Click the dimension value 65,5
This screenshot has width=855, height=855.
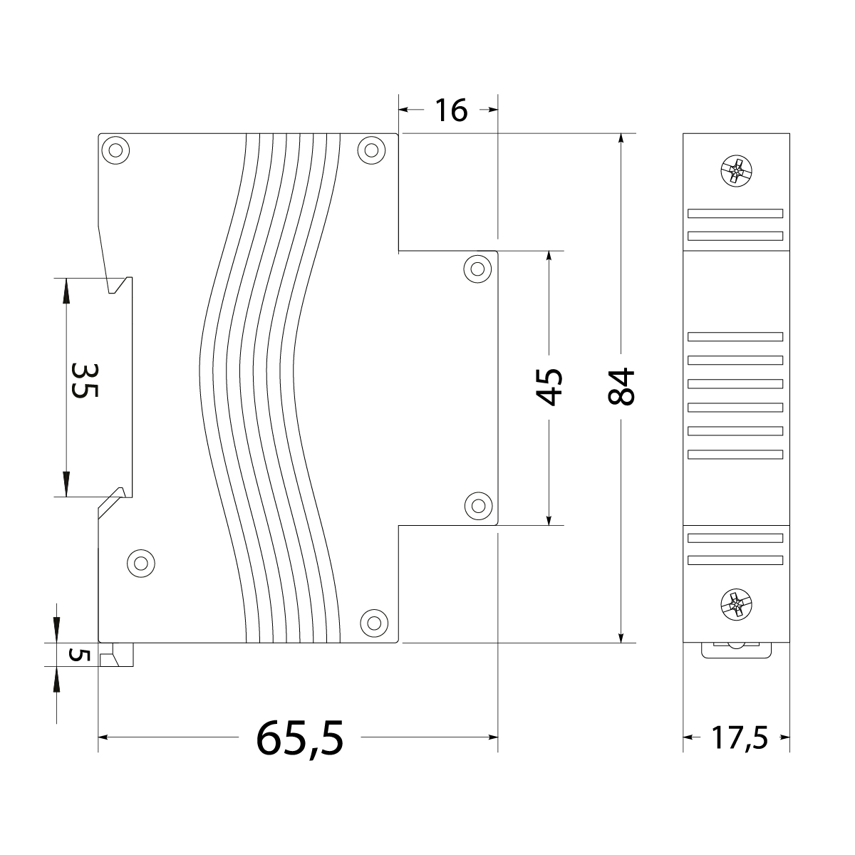(x=300, y=737)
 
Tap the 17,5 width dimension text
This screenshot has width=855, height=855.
(x=738, y=738)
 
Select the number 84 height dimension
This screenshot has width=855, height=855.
(x=621, y=387)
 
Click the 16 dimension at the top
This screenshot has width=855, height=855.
(x=450, y=110)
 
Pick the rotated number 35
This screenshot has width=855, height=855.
(x=85, y=380)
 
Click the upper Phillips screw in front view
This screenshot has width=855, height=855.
(x=736, y=172)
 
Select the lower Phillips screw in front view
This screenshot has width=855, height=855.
(x=736, y=606)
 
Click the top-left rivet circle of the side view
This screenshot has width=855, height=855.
(x=115, y=150)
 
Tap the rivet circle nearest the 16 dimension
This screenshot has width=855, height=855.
(x=371, y=150)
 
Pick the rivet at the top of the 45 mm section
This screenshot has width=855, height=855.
(x=477, y=269)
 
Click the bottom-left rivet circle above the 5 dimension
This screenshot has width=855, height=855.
(x=140, y=563)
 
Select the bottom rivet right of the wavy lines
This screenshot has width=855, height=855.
(x=372, y=622)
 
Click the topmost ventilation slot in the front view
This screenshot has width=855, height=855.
(x=735, y=213)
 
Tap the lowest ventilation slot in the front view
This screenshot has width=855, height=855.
(x=735, y=560)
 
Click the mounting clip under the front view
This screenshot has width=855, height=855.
(x=737, y=649)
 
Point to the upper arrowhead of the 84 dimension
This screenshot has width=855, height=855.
(x=622, y=140)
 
